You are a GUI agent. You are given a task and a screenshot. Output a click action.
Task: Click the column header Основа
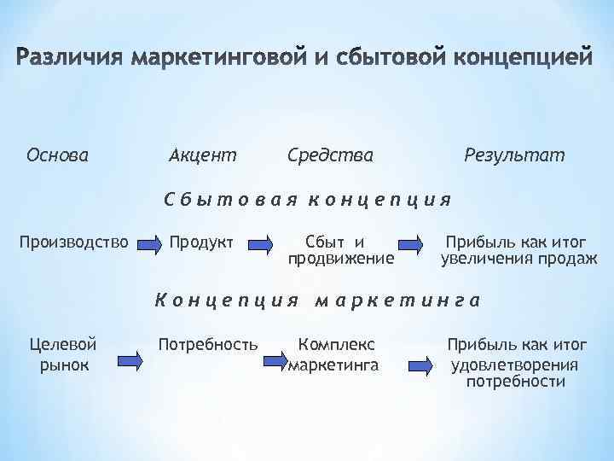point(57,155)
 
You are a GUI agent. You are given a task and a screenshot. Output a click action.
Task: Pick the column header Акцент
point(203,155)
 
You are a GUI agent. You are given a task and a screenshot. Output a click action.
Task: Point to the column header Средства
point(330,155)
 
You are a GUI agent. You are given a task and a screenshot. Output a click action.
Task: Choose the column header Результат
point(514,155)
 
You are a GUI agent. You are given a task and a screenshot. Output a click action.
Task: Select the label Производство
point(74,242)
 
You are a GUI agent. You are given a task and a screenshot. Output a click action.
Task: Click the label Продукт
point(201,242)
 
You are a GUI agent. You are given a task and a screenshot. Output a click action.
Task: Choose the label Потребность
point(208,344)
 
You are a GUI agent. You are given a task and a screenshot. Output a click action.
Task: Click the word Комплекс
point(336,344)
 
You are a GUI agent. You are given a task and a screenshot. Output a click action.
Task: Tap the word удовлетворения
point(515,365)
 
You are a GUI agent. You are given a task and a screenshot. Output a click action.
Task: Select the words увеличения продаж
point(518,258)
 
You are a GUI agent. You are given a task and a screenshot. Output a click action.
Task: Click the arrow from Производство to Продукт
point(149,244)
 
